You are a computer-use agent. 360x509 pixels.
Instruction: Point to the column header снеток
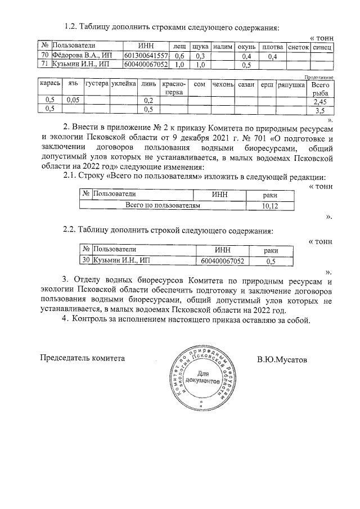[x=298, y=45]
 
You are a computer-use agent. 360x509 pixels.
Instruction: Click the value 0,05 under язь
[x=73, y=100]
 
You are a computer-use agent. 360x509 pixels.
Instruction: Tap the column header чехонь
[x=223, y=84]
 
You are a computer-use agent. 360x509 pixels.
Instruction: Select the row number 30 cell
[x=87, y=260]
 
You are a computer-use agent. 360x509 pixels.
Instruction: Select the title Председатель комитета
[x=82, y=358]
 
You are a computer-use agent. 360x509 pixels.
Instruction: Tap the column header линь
[x=148, y=84]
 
